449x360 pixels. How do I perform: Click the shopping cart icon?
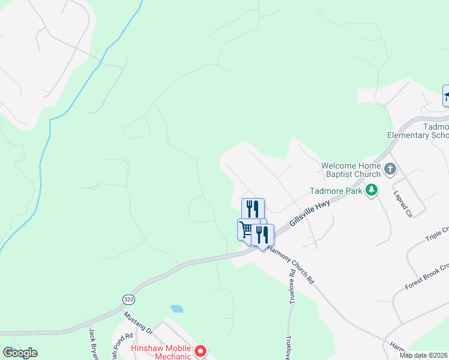[246, 229]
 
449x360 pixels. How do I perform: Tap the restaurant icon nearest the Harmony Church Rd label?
[262, 234]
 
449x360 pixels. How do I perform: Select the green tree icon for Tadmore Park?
[372, 190]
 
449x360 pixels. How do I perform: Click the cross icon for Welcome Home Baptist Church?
[390, 169]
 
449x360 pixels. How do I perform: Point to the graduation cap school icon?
[447, 95]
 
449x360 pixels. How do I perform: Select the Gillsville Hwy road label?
[310, 213]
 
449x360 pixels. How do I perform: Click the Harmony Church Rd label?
[292, 265]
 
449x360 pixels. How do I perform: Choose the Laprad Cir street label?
[405, 205]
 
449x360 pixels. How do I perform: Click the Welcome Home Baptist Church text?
[351, 170]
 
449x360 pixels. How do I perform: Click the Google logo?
[20, 353]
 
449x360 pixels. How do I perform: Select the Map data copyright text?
[424, 355]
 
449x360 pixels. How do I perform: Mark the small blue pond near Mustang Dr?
[176, 309]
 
